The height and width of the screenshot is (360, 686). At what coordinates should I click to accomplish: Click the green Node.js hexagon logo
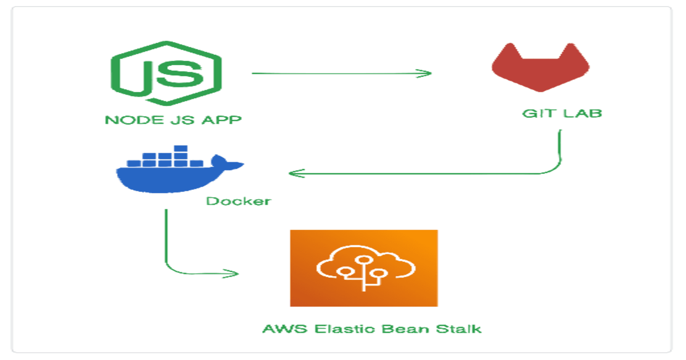tap(166, 73)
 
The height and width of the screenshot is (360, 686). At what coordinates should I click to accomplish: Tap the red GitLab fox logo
tap(540, 69)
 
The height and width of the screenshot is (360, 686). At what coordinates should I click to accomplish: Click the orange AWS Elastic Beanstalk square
tap(364, 268)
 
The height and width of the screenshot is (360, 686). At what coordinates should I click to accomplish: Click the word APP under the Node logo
tap(221, 120)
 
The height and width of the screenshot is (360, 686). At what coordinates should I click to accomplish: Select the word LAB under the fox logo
tap(582, 114)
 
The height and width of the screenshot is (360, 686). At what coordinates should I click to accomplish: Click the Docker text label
tap(238, 201)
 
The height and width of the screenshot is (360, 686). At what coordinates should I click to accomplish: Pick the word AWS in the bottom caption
tap(285, 329)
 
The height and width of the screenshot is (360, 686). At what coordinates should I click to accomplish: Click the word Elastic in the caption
tap(345, 329)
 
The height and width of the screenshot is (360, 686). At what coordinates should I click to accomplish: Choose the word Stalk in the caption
tap(458, 329)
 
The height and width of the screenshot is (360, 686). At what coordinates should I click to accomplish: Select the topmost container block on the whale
tap(181, 149)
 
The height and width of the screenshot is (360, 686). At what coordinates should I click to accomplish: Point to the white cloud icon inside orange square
tap(365, 266)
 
